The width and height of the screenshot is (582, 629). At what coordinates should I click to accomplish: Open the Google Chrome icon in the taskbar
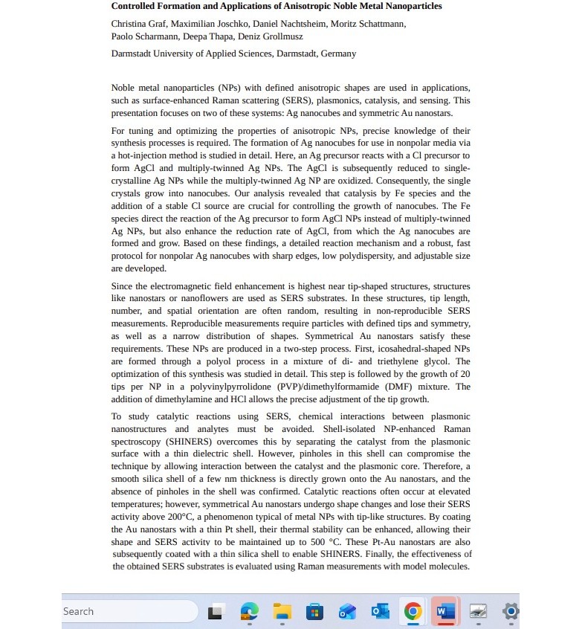(413, 611)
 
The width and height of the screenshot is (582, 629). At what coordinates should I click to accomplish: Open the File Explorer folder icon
(282, 611)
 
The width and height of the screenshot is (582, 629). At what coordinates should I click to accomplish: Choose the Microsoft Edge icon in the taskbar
(249, 611)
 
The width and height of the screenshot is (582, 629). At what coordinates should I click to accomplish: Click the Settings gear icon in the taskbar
(511, 611)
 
